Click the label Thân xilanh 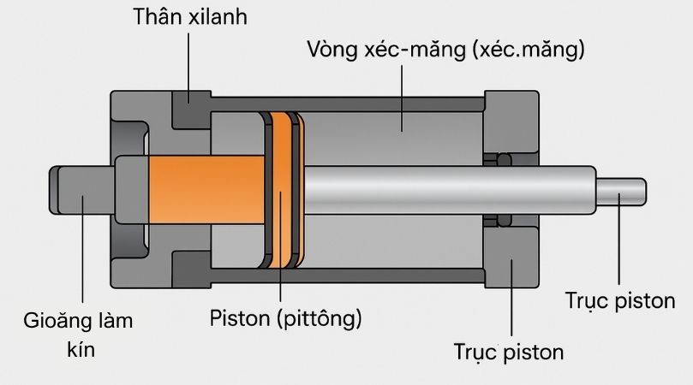pos(190,16)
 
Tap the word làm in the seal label pos(114,323)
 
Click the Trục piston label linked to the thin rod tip pos(620,300)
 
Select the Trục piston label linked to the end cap pos(509,351)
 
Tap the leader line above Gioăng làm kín pos(82,257)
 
